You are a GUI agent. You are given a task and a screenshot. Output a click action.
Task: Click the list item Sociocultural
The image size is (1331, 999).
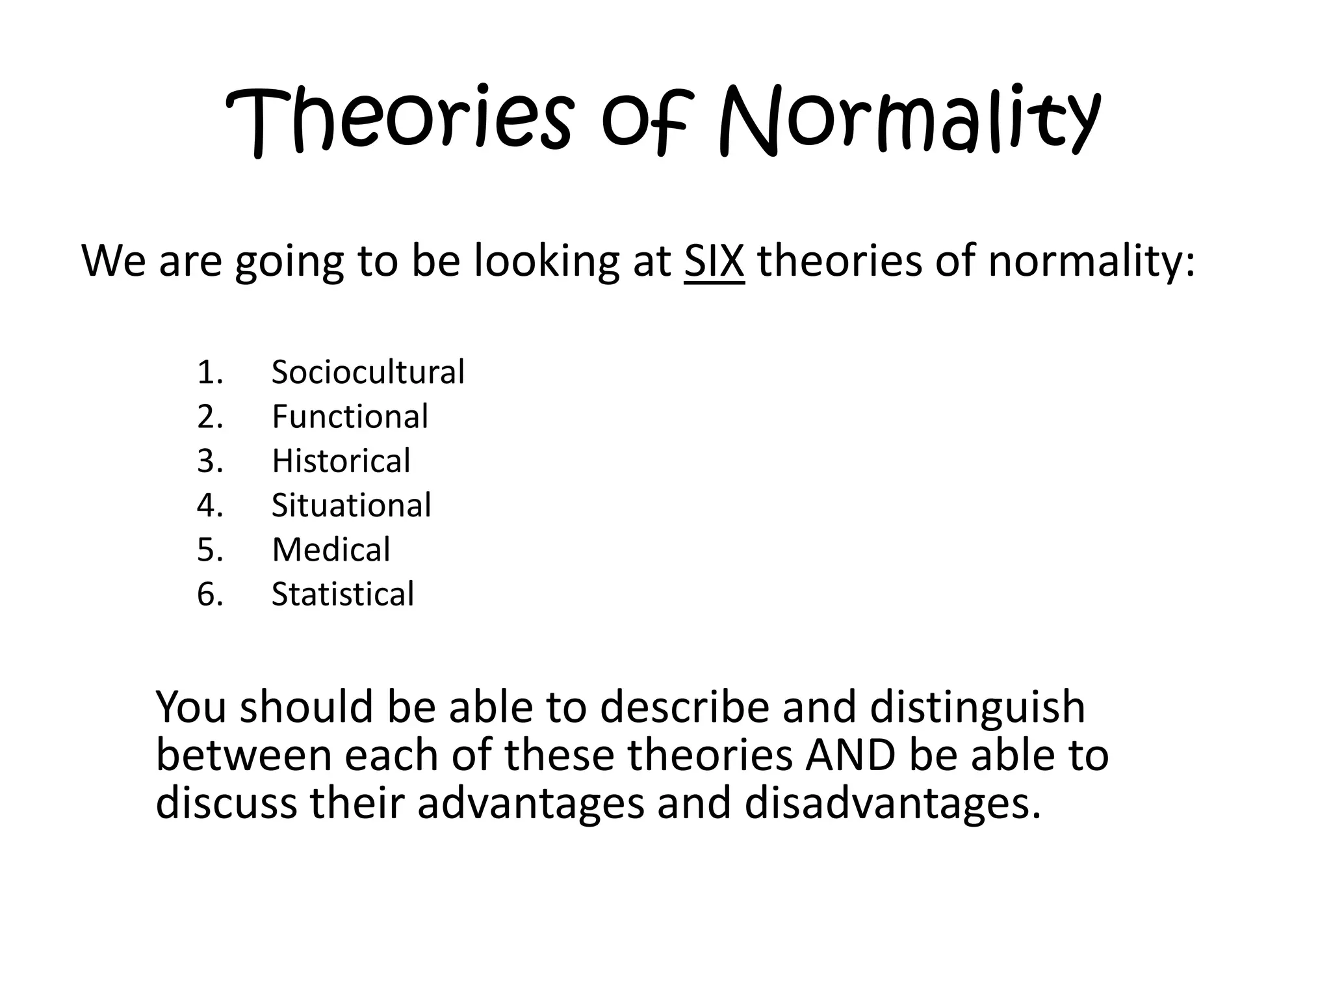click(x=368, y=372)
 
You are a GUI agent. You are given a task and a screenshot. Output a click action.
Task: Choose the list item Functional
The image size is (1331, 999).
click(x=350, y=416)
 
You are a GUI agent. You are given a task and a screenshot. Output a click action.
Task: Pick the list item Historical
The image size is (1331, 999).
click(x=341, y=460)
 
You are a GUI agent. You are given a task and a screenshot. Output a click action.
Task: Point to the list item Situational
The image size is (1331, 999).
click(x=351, y=505)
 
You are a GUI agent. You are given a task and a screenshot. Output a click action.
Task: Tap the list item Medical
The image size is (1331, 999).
click(x=331, y=550)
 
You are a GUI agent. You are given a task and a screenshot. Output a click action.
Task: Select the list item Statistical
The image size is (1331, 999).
click(x=342, y=594)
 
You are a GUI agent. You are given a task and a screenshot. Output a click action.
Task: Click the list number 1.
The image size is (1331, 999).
click(x=210, y=372)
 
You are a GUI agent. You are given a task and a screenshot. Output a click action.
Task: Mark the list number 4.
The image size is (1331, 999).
click(x=210, y=505)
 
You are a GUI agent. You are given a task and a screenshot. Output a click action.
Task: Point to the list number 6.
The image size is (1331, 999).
click(x=210, y=594)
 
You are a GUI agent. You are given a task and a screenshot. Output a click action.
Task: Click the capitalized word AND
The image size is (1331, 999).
click(x=850, y=755)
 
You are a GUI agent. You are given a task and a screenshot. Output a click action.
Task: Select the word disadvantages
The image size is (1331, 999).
click(x=892, y=803)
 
